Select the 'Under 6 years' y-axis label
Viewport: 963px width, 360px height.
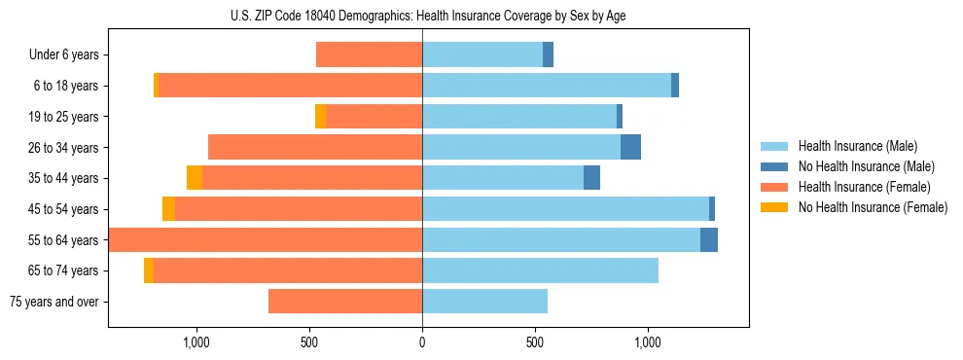tap(63, 54)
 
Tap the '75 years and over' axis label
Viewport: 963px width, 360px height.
tap(53, 302)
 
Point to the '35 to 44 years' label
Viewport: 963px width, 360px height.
tap(64, 178)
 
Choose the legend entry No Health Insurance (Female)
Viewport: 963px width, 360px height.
tap(872, 207)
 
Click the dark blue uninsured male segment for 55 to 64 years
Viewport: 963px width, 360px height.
tap(709, 239)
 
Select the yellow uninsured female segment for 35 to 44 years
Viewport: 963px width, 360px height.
tap(195, 178)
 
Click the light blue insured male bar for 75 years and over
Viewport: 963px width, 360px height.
tap(484, 302)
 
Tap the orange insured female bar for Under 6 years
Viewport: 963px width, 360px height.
tap(370, 54)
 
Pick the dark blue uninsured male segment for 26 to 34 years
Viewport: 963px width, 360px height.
tap(630, 147)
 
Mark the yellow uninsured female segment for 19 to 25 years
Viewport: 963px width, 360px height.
tap(320, 116)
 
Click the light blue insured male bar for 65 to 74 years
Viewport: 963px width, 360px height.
tap(540, 270)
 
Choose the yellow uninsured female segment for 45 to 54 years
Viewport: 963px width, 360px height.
tap(168, 209)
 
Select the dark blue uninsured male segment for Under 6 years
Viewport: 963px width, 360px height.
tap(548, 54)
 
